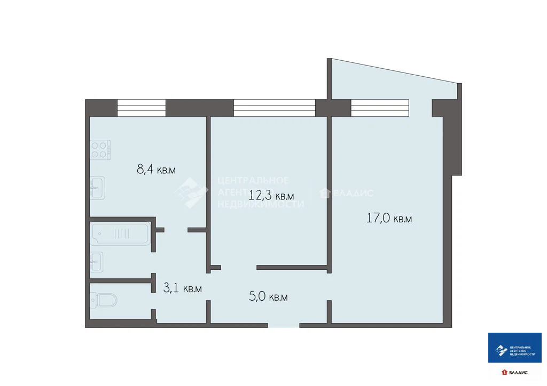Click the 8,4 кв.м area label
point(156,170)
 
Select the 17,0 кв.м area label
point(389,218)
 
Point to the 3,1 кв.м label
point(182,288)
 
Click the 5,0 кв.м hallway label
point(268,297)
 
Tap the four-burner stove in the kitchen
point(100,150)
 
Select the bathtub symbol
point(120,233)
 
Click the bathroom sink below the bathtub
point(97,262)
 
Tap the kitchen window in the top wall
point(142,108)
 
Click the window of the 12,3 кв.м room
point(275,108)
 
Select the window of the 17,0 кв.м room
point(380,108)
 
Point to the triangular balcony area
point(385,85)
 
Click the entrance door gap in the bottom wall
point(283,325)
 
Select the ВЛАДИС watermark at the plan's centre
point(347,194)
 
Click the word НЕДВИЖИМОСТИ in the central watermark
point(261,204)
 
